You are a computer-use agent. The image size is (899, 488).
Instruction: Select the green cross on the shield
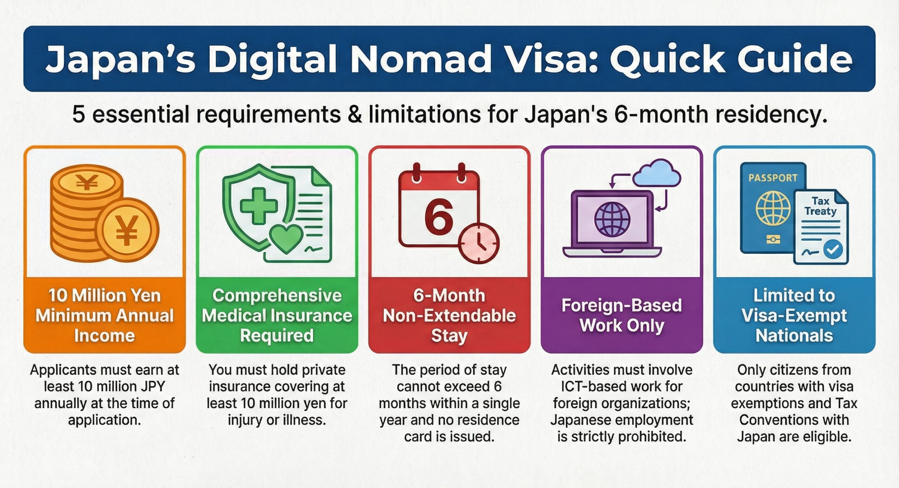tap(258, 206)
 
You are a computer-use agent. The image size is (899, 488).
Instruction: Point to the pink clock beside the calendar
tap(479, 242)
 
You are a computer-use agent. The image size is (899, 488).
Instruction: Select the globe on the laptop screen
tap(612, 220)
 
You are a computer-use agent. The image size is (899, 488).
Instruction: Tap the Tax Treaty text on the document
tap(820, 206)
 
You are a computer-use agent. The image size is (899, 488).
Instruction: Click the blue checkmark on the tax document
tap(833, 249)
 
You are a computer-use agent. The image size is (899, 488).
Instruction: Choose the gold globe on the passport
tap(773, 208)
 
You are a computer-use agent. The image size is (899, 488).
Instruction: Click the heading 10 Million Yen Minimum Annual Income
tap(105, 315)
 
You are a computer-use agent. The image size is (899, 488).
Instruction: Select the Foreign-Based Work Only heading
tap(622, 315)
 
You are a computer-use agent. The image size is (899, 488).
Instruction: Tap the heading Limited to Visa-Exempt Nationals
tap(794, 315)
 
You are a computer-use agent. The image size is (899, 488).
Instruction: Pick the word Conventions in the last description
tap(794, 420)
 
